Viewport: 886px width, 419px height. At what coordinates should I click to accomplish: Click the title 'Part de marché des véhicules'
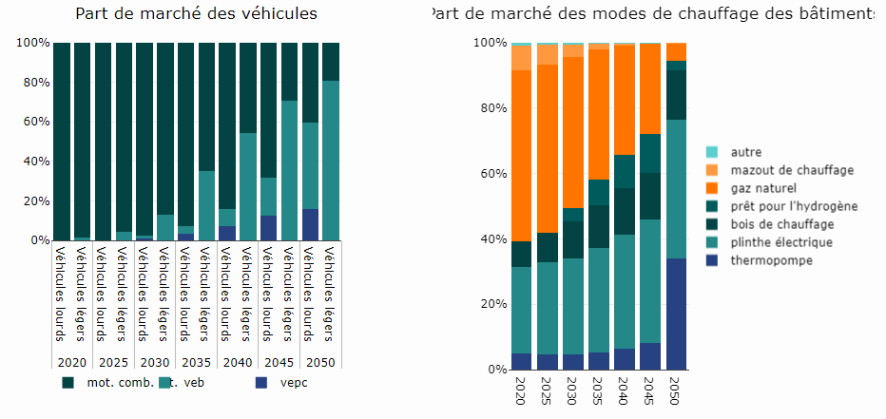(x=196, y=13)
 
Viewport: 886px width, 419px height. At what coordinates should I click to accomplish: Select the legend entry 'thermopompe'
(x=771, y=260)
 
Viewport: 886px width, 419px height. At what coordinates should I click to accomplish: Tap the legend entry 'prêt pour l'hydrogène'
(x=794, y=206)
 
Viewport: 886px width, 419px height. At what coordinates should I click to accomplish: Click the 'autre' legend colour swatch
(x=712, y=152)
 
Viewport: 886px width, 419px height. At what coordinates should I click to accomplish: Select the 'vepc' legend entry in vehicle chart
(x=294, y=383)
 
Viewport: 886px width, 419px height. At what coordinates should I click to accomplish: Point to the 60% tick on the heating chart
(x=495, y=174)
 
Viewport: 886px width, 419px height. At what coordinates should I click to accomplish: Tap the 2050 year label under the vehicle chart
(x=320, y=362)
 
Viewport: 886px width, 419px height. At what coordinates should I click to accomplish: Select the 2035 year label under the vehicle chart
(x=195, y=362)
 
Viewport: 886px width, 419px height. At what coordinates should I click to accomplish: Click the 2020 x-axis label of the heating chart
(x=520, y=390)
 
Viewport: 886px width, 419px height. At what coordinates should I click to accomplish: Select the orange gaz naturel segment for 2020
(x=521, y=156)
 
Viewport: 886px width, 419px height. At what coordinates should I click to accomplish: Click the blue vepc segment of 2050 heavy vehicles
(x=310, y=224)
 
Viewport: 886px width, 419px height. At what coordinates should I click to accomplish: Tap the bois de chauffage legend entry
(x=782, y=224)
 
